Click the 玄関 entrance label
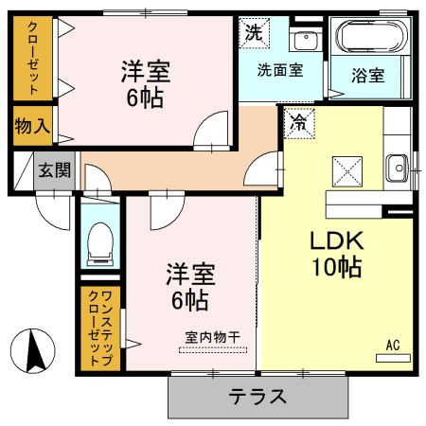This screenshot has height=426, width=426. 54,170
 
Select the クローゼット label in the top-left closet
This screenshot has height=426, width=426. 32,59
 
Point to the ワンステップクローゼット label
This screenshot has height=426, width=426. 98,329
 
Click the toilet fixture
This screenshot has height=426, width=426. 98,244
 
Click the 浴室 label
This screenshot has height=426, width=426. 368,73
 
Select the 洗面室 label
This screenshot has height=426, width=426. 281,70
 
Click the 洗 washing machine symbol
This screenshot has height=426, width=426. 253,32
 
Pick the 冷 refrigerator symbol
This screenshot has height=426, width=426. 298,122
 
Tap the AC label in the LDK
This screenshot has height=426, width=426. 393,345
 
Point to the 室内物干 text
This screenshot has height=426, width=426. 212,336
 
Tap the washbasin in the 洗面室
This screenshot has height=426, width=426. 305,41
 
